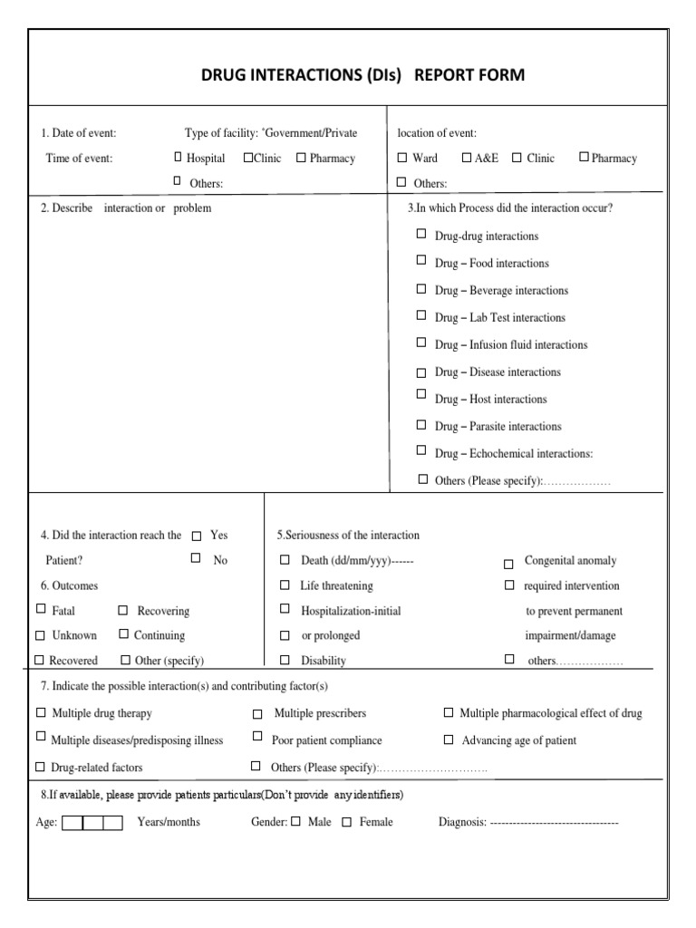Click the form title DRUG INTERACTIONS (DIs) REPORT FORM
pos(362,75)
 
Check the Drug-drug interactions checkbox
pos(421,234)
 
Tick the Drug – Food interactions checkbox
pos(421,260)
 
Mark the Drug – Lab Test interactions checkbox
pos(421,315)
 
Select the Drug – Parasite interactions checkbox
pos(421,423)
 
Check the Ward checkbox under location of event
pos(402,158)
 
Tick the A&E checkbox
pos(467,157)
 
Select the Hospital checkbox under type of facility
pos(179,157)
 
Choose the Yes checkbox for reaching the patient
pos(197,536)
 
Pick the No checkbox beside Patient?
pos(196,558)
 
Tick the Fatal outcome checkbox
pos(41,610)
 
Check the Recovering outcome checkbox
pos(123,611)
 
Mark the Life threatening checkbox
pos(285,585)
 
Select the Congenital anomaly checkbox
pos(508,563)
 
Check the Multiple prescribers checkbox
pos(258,715)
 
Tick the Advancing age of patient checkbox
pos(449,739)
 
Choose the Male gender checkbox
pos(295,823)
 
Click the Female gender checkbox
pos(346,823)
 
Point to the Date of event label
pos(79,133)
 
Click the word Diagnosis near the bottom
pos(462,823)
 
